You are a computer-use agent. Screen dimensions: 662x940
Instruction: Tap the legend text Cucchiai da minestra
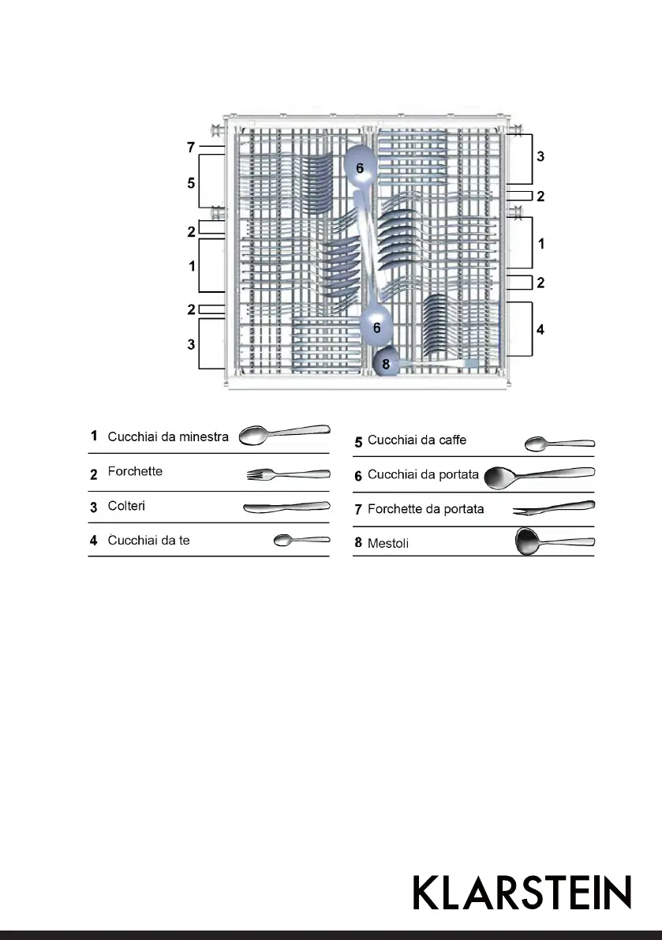click(168, 436)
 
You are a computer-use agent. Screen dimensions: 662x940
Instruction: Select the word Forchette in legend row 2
click(135, 471)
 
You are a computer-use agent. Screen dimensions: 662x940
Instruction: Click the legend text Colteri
click(126, 506)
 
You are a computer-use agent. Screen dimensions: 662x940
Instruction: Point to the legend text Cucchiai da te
click(148, 541)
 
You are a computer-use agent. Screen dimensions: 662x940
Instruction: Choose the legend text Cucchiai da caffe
click(417, 440)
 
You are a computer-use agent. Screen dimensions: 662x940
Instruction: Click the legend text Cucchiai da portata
click(423, 475)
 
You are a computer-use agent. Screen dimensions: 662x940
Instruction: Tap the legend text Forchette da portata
click(425, 509)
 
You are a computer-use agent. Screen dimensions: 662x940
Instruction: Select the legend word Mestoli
click(388, 543)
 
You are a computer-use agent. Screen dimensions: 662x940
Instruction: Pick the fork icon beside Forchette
click(288, 474)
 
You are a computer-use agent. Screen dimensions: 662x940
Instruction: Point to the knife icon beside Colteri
click(286, 507)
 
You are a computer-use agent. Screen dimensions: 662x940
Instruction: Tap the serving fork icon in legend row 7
click(553, 508)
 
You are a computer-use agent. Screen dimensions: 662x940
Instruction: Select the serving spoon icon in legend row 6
click(539, 476)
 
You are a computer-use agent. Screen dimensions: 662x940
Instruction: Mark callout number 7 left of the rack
click(191, 148)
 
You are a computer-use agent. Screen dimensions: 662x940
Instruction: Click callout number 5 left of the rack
click(191, 183)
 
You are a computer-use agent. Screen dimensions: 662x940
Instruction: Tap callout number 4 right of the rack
click(540, 329)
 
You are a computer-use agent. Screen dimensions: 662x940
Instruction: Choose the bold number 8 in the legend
click(358, 542)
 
